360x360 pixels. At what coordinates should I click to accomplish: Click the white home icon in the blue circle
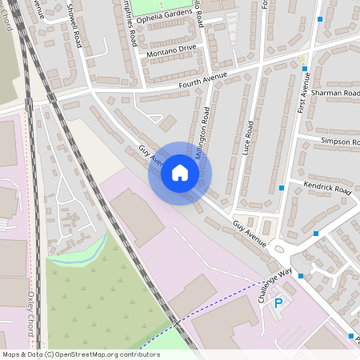tap(180, 173)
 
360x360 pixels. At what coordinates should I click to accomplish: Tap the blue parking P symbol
tap(278, 303)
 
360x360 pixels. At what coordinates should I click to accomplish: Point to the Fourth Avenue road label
tap(205, 78)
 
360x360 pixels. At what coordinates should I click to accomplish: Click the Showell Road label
tap(75, 25)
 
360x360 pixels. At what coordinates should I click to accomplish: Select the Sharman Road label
tap(336, 93)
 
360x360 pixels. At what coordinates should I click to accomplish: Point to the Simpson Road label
tap(340, 142)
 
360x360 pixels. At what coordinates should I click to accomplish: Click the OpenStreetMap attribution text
tap(81, 354)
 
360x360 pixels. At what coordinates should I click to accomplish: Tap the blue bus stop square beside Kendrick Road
tap(282, 188)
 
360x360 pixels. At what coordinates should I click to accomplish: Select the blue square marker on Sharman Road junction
tap(305, 69)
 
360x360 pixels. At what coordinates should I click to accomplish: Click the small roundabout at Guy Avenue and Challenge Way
tap(278, 250)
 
